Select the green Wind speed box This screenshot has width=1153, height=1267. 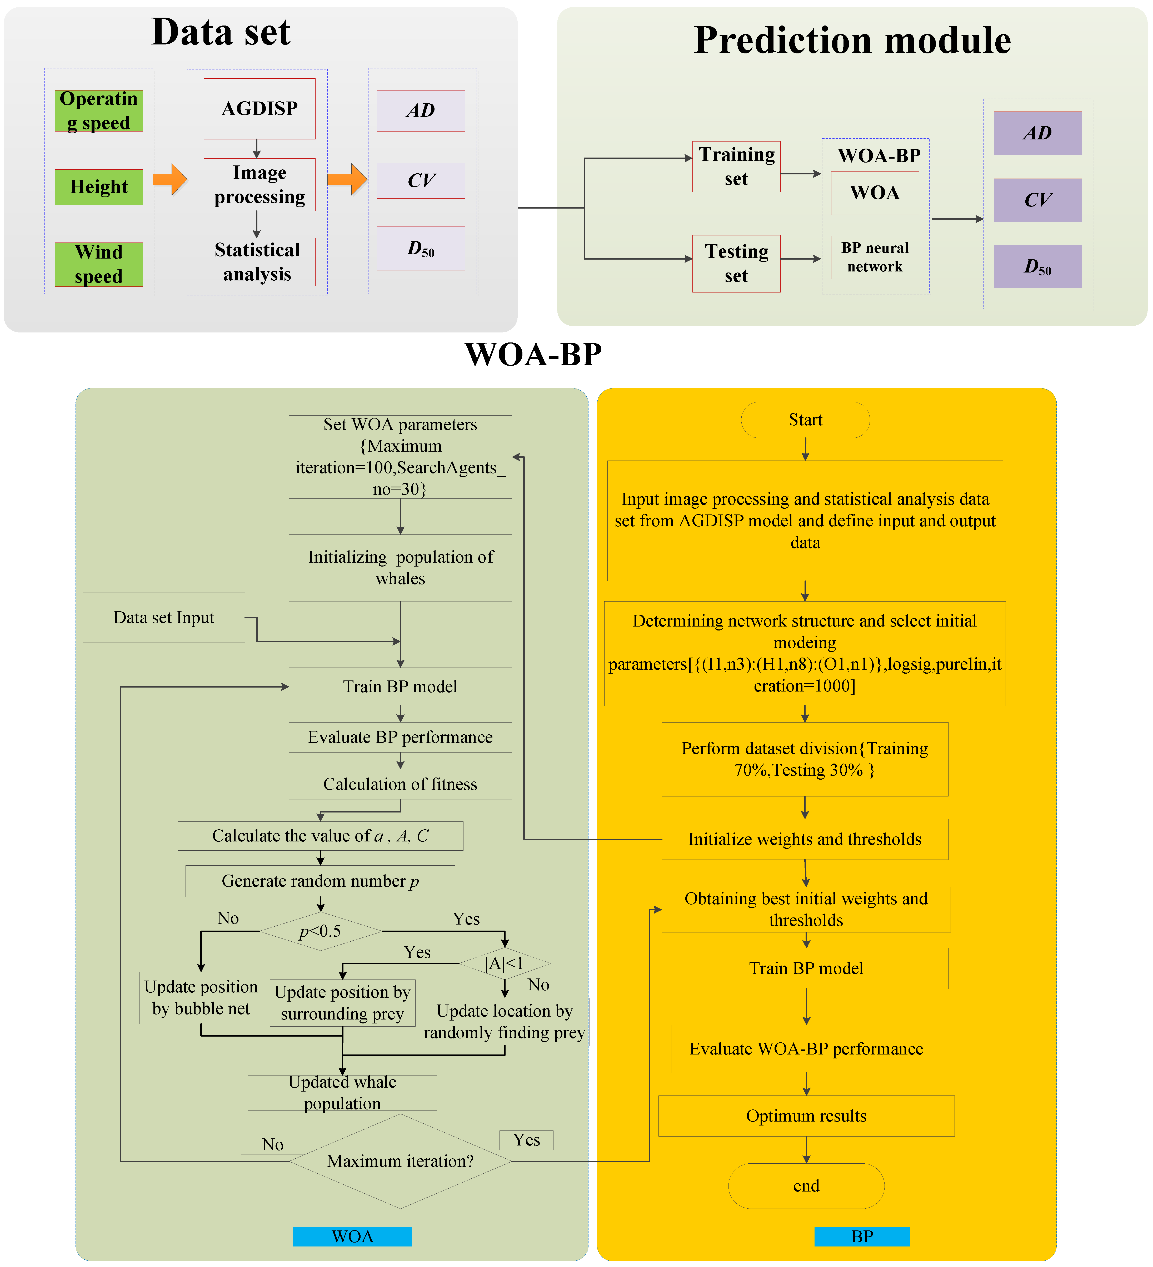pyautogui.click(x=99, y=264)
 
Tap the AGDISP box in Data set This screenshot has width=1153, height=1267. pyautogui.click(x=259, y=109)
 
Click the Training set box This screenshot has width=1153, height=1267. pyautogui.click(x=736, y=166)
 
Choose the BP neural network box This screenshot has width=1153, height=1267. pyautogui.click(x=875, y=257)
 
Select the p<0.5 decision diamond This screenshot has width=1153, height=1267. pyautogui.click(x=321, y=931)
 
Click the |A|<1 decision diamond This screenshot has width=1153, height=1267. pyautogui.click(x=505, y=963)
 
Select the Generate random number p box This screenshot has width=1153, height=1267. pyautogui.click(x=320, y=881)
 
